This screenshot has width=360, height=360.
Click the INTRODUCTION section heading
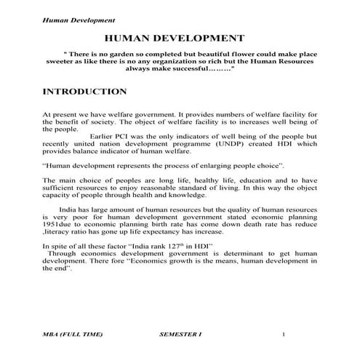85,92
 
